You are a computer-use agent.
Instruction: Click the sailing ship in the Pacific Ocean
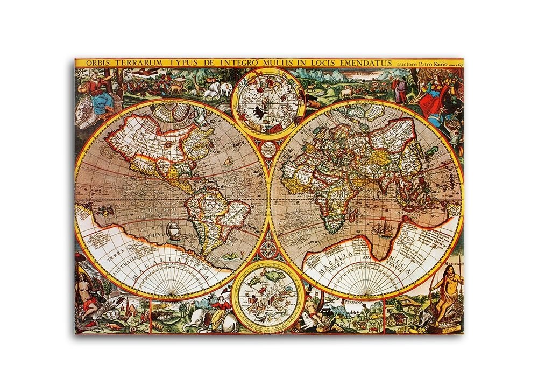click(173, 230)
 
